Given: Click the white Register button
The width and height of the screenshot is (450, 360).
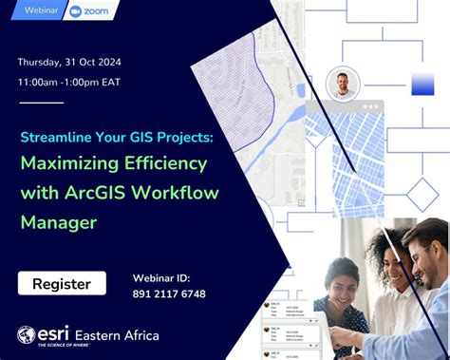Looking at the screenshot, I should (62, 283).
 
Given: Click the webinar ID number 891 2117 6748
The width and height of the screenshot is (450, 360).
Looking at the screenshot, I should (169, 294).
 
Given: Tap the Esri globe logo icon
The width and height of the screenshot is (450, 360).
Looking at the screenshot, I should (27, 334).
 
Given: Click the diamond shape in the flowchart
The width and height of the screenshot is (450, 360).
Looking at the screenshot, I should (422, 195).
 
